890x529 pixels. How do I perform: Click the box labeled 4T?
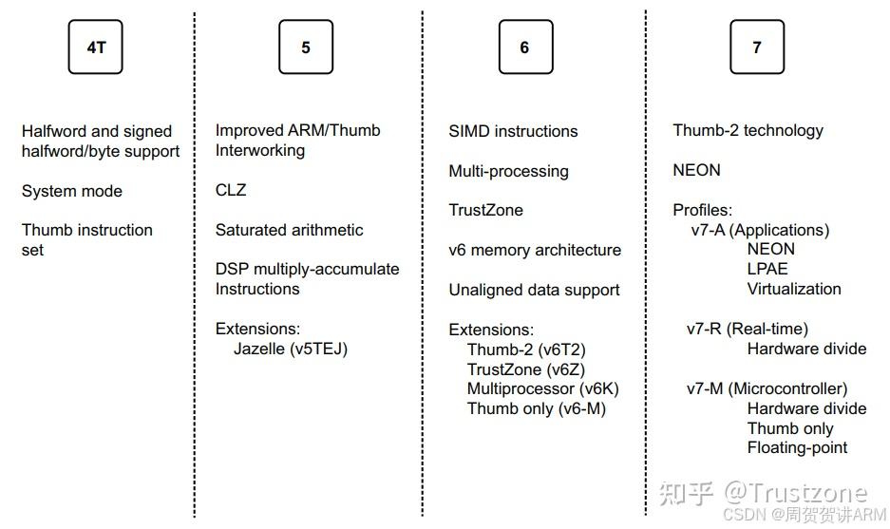click(96, 47)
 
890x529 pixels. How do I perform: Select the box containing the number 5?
click(305, 47)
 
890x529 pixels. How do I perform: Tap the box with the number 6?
click(524, 47)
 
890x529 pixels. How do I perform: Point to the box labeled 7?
click(756, 47)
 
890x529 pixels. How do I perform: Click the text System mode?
click(72, 191)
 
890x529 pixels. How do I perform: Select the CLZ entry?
click(231, 190)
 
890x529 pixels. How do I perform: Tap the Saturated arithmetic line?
click(289, 230)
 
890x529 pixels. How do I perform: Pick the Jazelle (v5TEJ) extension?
click(291, 349)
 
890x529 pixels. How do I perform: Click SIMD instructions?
click(513, 131)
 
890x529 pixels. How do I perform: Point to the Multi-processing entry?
click(508, 171)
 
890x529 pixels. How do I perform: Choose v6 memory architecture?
click(535, 250)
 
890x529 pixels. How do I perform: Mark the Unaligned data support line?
click(534, 290)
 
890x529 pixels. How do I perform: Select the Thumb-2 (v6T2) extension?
click(524, 350)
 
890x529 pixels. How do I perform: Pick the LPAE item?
click(767, 269)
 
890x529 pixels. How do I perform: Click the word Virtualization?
click(794, 289)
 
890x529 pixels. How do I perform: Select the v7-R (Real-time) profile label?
click(748, 329)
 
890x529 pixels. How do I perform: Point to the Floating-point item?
click(797, 447)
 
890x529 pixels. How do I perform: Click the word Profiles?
click(703, 210)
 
